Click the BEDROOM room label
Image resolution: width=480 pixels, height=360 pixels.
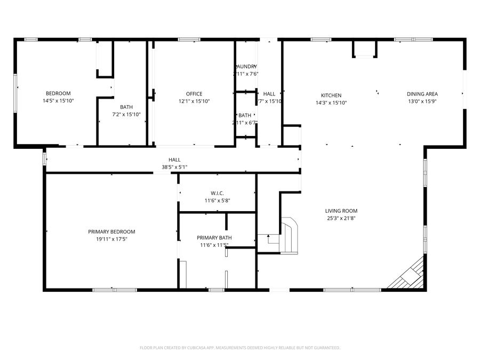[58, 94]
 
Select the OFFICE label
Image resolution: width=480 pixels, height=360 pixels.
[194, 94]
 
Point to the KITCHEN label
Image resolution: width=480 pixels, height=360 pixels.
[331, 95]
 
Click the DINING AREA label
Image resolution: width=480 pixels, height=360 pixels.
[422, 94]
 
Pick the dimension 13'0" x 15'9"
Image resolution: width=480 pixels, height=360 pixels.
[422, 101]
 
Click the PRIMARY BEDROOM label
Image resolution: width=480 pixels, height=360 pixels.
[111, 232]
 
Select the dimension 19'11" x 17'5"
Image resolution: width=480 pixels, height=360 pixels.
[111, 239]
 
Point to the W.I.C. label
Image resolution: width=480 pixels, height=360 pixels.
[217, 193]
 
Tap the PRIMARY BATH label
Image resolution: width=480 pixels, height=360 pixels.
[214, 238]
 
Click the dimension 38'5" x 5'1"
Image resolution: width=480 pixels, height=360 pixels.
[174, 167]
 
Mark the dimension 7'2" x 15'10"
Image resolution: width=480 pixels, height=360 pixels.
[126, 114]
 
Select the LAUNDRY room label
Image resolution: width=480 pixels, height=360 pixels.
[246, 67]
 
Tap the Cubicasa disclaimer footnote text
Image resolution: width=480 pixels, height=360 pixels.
[239, 348]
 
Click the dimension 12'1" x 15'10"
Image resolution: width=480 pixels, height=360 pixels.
[194, 101]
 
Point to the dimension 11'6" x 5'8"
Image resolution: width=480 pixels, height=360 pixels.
[217, 201]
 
